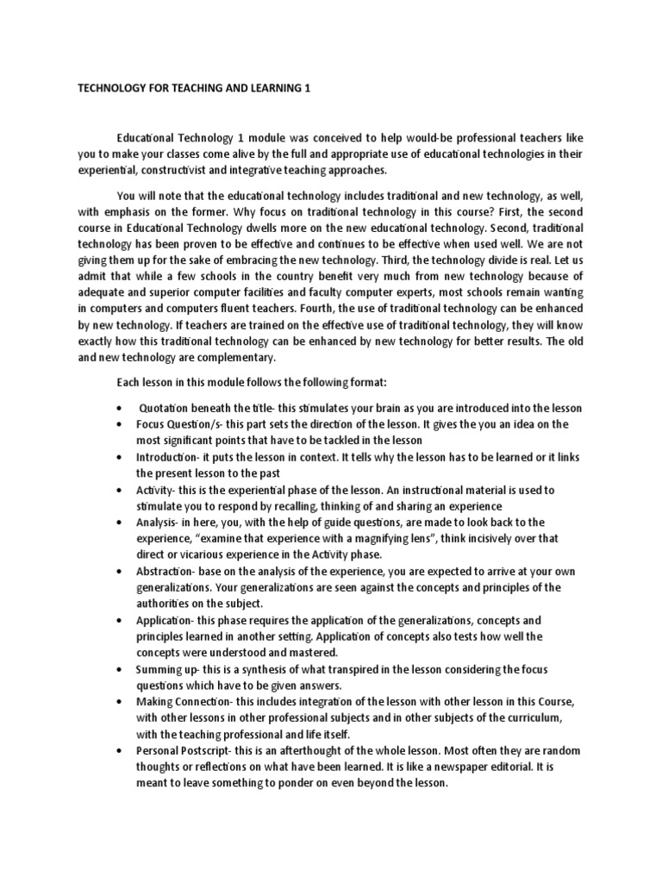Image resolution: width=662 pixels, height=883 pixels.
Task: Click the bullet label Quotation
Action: click(168, 408)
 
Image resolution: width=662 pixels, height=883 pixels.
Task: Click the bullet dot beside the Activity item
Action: click(117, 490)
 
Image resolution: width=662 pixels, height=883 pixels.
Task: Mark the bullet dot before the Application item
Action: click(117, 621)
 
